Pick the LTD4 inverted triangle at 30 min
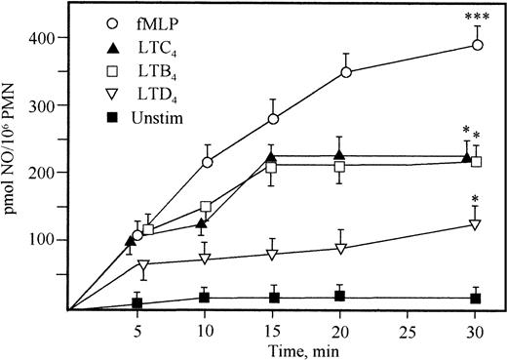click(x=476, y=224)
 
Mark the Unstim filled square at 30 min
click(x=476, y=298)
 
